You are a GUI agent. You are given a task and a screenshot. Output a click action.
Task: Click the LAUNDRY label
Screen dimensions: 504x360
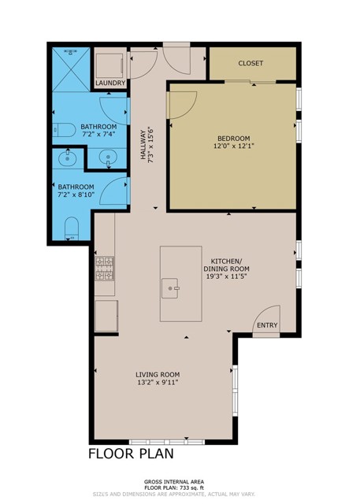coord(110,83)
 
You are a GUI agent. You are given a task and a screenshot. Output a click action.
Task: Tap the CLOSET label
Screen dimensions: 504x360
coord(251,63)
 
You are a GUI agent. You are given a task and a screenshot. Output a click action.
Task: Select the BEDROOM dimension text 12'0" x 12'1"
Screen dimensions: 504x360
coord(232,146)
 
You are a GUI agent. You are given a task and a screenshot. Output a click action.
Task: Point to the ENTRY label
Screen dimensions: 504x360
coord(267,325)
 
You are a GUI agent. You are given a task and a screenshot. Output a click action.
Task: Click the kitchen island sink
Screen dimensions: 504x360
coord(171,289)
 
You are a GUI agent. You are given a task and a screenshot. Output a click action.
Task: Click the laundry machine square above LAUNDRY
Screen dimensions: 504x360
coord(110,63)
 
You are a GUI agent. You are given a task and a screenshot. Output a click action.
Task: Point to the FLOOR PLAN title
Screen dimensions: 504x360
coord(130,454)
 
